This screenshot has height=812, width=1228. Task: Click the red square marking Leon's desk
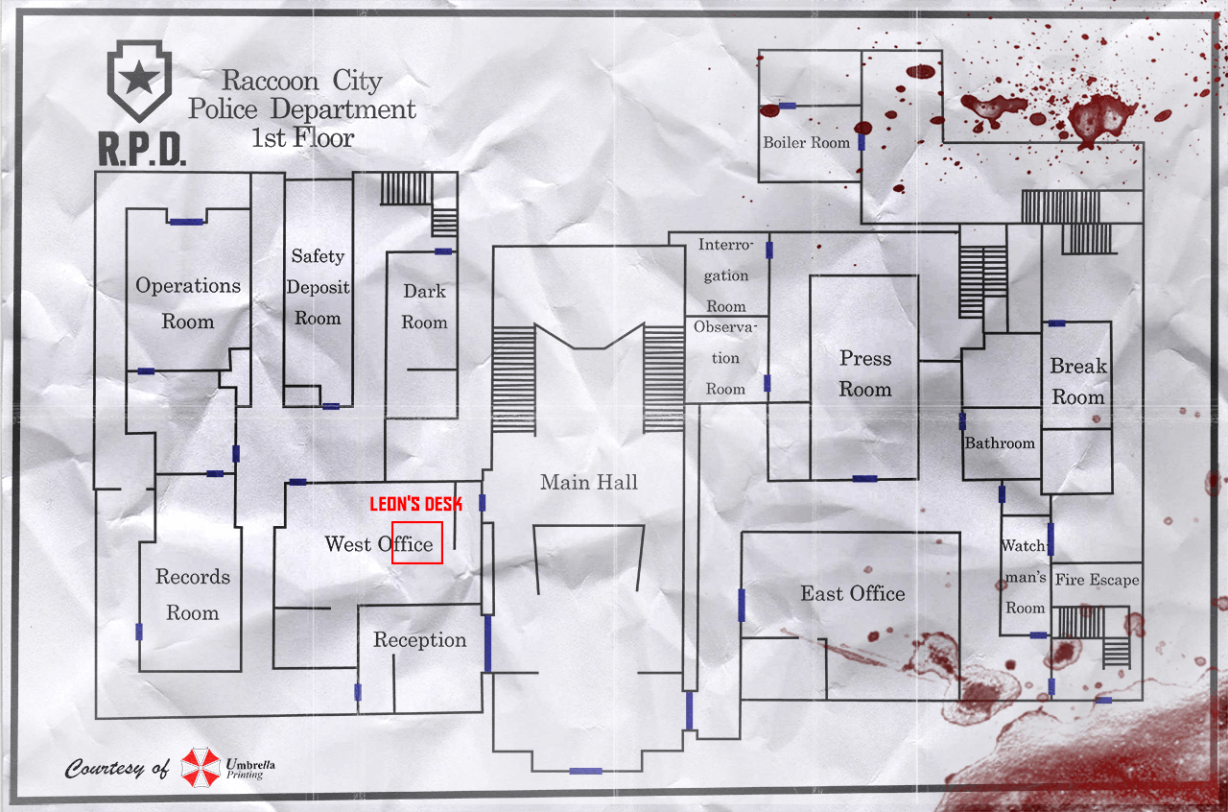coord(417,542)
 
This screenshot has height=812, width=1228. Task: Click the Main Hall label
coord(588,483)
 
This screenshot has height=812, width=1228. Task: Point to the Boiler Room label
coord(806,143)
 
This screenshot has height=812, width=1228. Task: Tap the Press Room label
coord(865,373)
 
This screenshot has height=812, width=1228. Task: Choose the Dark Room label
coord(424,307)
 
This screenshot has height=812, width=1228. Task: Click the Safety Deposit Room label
coord(318,287)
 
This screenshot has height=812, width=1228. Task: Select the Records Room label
coord(193,594)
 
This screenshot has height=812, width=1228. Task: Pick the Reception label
coord(420,640)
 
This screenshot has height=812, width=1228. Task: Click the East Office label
coord(853,594)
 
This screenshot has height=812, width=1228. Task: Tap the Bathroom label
coord(1000,443)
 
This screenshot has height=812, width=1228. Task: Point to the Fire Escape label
coord(1097,580)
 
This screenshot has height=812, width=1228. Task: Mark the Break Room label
coord(1077,381)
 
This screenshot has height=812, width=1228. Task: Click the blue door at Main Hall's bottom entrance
coord(585,771)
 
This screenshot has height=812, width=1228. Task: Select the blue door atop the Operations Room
coord(186,222)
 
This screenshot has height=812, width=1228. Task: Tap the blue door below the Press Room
coord(864,478)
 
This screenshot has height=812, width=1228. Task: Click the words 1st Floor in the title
coord(302,138)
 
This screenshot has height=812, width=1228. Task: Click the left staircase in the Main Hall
coord(513,379)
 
